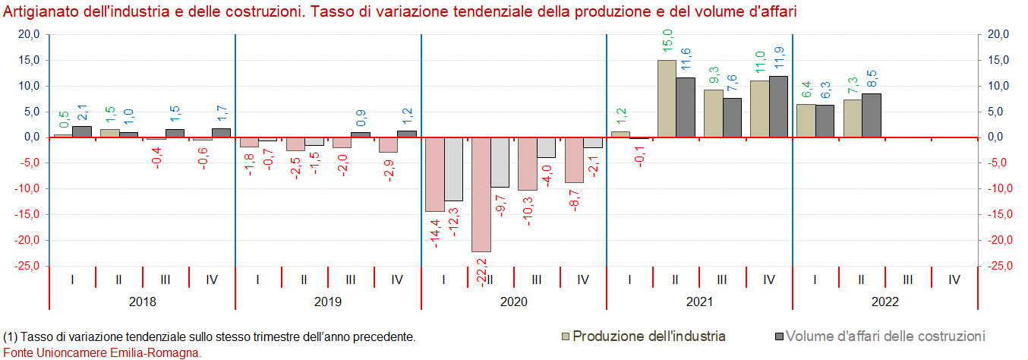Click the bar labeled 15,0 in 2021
(667, 99)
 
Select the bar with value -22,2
(481, 194)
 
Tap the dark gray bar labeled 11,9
(778, 106)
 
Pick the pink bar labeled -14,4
(435, 174)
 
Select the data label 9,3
(713, 76)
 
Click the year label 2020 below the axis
(513, 302)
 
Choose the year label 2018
(142, 302)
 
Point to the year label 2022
(885, 302)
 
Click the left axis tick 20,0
(29, 34)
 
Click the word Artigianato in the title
(38, 13)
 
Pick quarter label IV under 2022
(954, 279)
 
